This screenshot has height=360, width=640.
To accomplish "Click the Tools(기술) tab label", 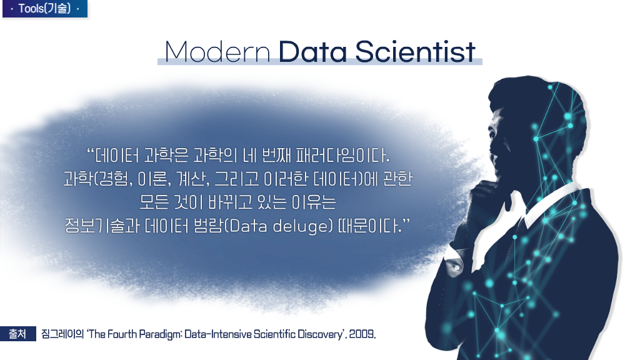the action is [x=45, y=9].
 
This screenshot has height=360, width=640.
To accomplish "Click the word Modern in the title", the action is [x=217, y=52].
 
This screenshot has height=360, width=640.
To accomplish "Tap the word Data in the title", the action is [x=312, y=52].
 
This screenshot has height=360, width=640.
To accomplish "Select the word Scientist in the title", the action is [x=415, y=52].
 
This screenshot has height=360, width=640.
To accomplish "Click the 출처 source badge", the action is [x=18, y=334].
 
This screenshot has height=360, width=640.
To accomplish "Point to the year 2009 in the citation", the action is [x=361, y=334].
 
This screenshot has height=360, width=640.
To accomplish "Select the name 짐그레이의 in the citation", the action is [x=62, y=334].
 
